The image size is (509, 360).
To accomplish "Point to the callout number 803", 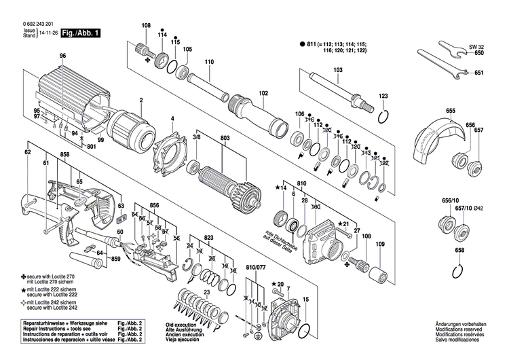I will pos(225,138).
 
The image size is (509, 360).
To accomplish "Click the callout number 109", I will pos(379,244).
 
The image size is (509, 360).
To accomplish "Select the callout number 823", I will pos(208,237).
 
